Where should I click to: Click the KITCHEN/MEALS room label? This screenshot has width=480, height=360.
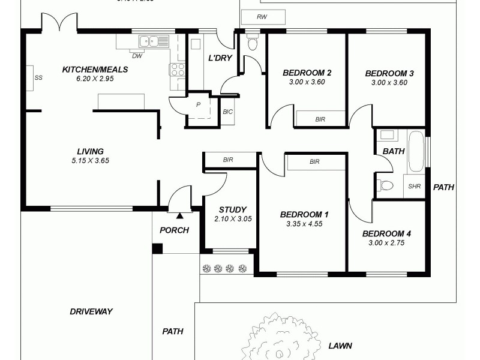[95, 70]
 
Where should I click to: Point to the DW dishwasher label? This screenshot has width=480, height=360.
[137, 56]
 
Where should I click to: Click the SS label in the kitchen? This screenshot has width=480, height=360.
[38, 78]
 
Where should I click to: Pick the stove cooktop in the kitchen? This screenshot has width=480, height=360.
[178, 69]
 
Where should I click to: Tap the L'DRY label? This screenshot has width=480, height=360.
[220, 58]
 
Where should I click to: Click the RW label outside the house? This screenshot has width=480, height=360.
[262, 17]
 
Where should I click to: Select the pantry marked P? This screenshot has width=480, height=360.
[198, 104]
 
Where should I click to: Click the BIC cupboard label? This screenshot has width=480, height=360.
[227, 112]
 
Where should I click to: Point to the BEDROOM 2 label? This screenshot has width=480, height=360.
[307, 73]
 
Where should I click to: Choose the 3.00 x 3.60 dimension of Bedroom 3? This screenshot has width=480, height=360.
[389, 83]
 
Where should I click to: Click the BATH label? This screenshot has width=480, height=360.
[394, 151]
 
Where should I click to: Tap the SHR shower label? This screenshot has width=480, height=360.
[415, 186]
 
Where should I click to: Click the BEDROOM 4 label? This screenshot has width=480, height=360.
[387, 233]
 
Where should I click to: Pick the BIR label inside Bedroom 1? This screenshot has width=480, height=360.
[314, 162]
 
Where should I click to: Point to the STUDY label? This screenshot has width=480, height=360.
[232, 209]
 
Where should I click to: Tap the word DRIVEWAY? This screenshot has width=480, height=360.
[91, 311]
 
